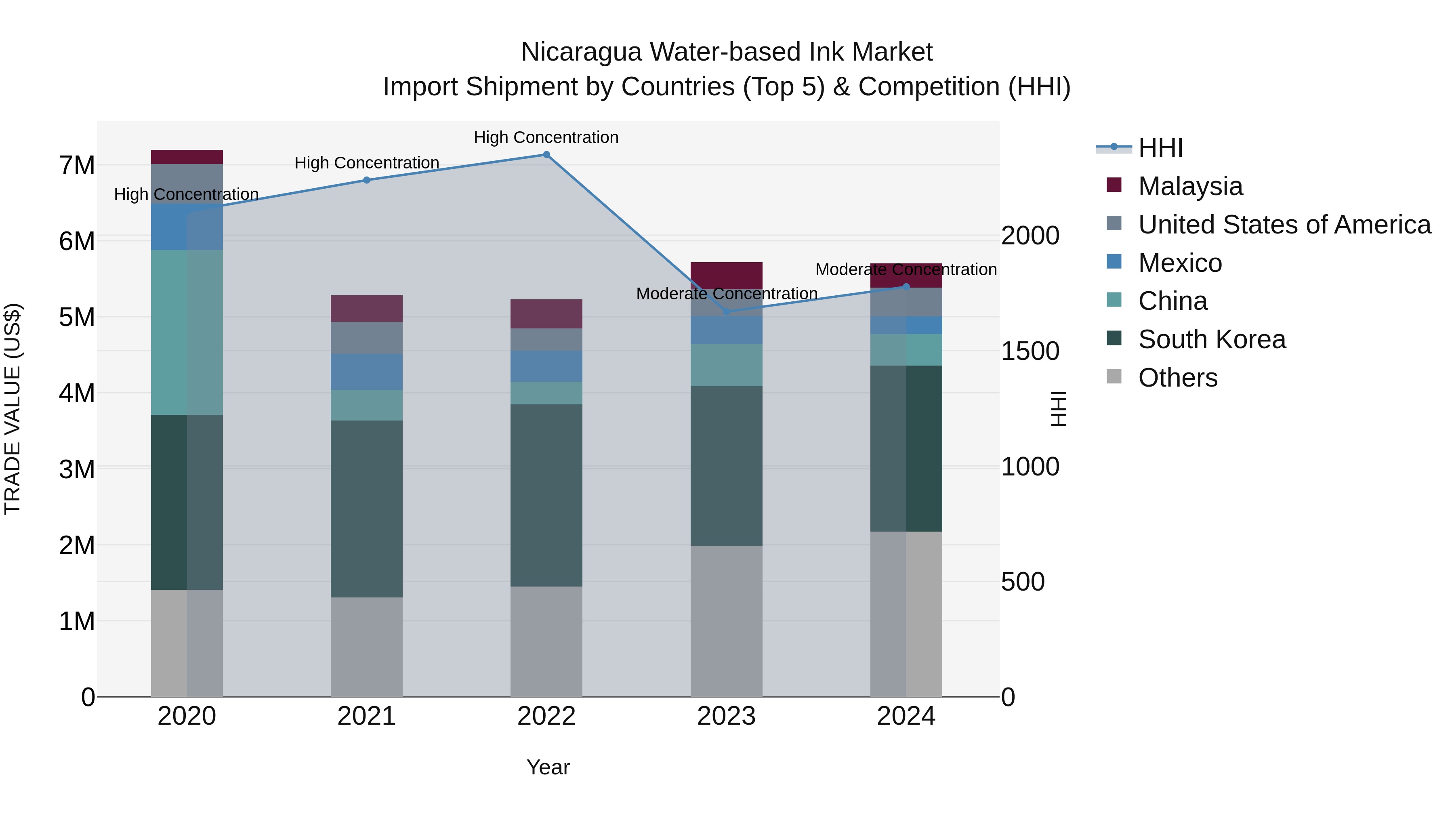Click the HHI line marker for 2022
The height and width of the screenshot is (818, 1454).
click(546, 155)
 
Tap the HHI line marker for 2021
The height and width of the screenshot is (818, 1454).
click(366, 180)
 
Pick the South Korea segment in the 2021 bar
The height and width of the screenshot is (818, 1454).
click(366, 508)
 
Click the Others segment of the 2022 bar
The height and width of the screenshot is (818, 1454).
click(546, 641)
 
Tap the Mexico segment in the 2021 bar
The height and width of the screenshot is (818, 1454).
click(366, 372)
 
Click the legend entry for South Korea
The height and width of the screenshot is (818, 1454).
click(1211, 339)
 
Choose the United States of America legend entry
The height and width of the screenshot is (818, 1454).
click(1284, 225)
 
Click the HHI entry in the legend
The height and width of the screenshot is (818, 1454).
click(1160, 148)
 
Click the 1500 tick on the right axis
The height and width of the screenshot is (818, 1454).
click(1030, 351)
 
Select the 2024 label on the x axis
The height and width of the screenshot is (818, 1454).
click(906, 716)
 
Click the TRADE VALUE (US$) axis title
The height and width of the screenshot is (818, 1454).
click(13, 409)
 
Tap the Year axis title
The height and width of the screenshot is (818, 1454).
click(548, 767)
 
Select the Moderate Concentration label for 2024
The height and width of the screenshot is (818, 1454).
click(906, 269)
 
